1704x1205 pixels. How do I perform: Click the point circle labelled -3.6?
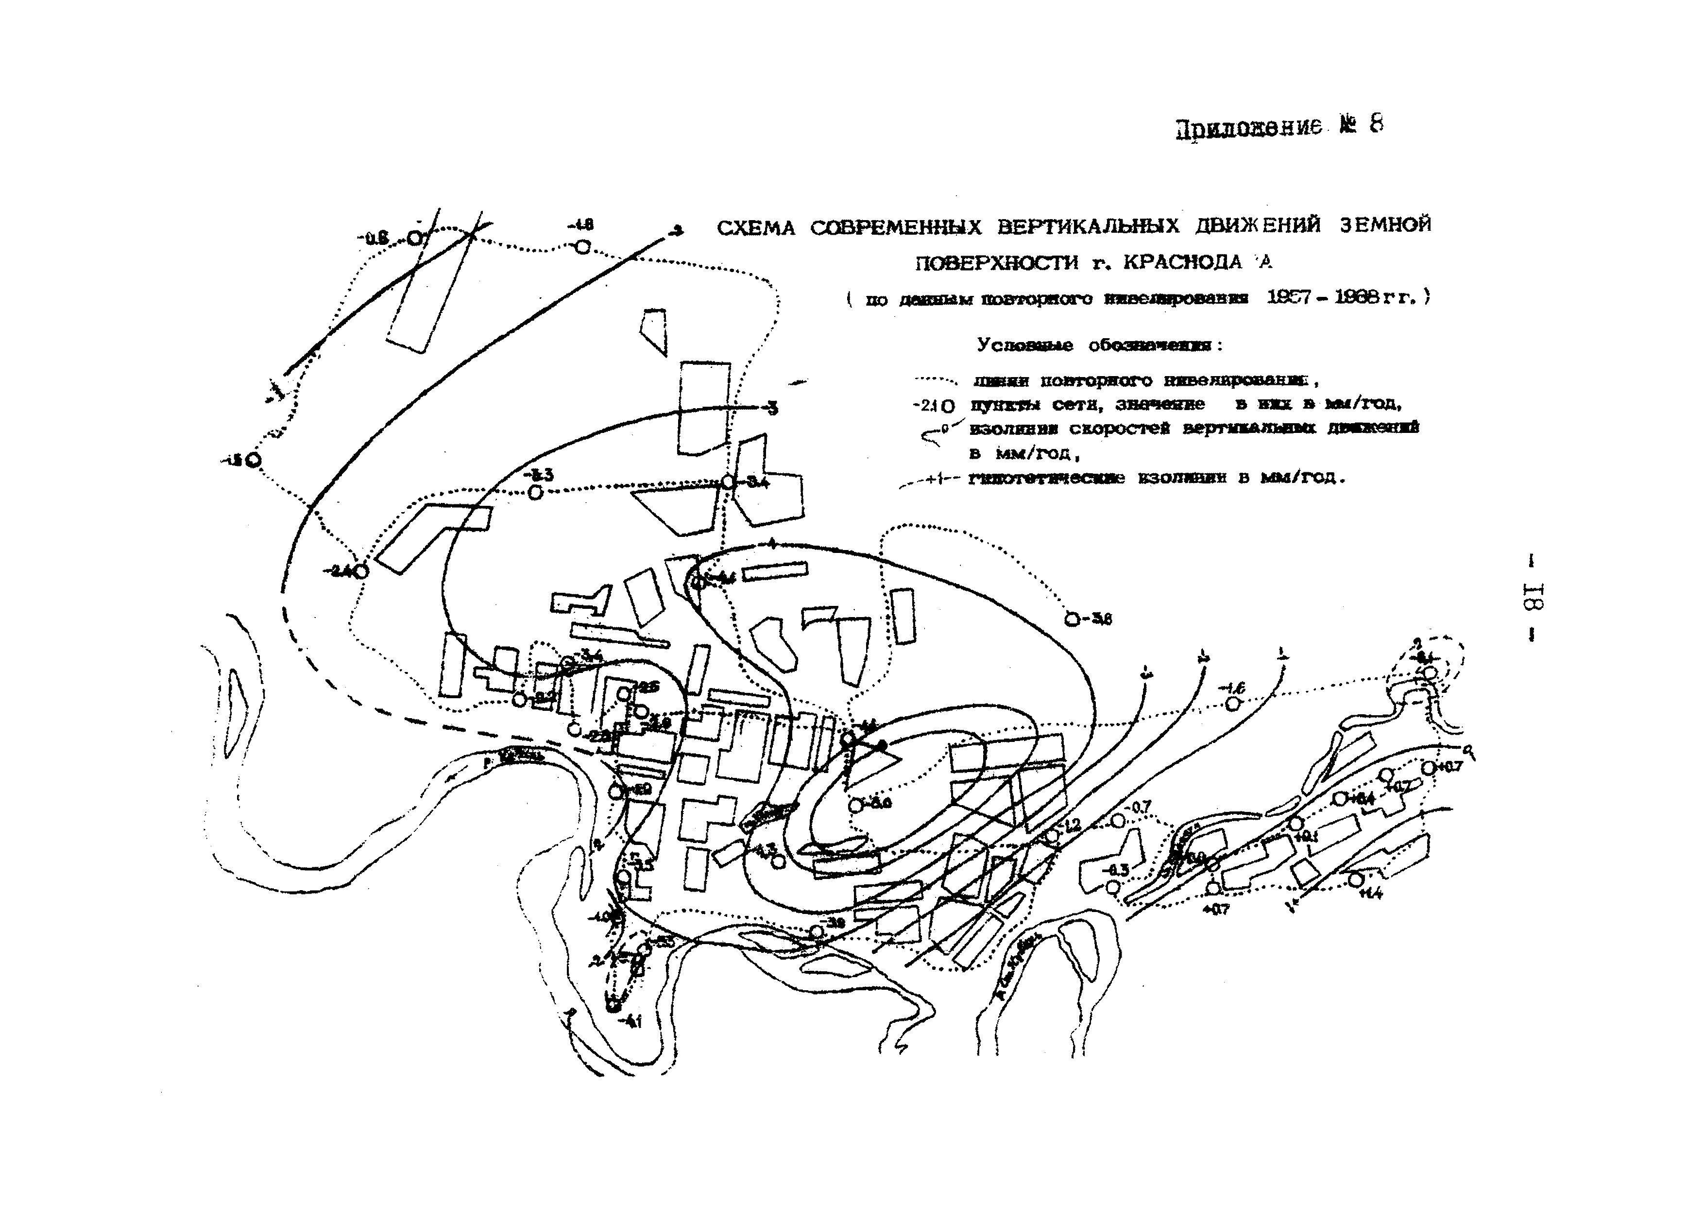[1072, 619]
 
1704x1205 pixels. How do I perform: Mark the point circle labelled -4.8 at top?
[583, 246]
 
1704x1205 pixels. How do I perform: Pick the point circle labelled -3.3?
[535, 492]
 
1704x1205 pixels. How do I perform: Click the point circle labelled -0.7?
[1118, 820]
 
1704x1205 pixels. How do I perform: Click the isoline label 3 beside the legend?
[773, 408]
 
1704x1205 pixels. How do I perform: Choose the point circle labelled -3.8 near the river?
[817, 931]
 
